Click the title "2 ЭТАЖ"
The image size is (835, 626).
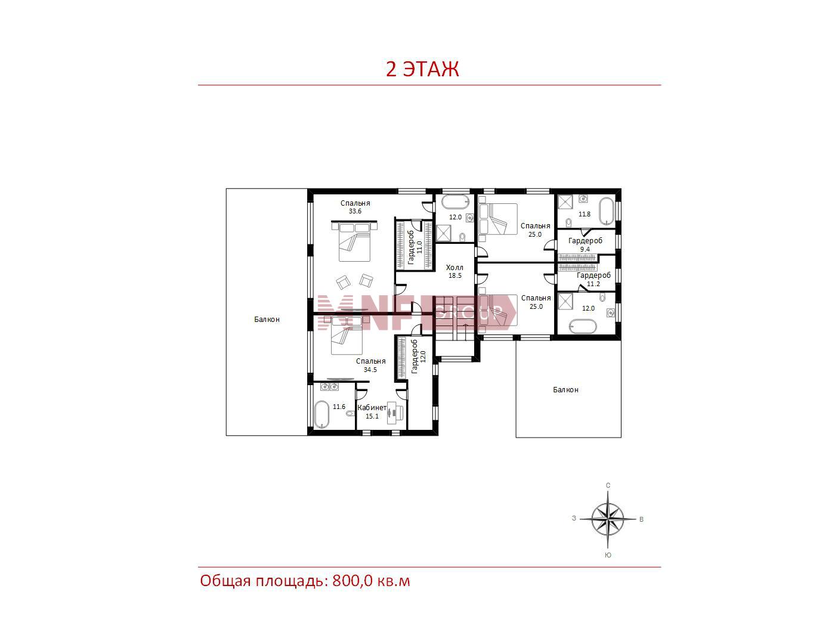tap(422, 69)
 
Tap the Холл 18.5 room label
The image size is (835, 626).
tap(454, 271)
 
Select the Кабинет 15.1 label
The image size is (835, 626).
tap(372, 411)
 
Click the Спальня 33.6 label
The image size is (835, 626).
tap(355, 207)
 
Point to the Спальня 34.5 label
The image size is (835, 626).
tap(370, 365)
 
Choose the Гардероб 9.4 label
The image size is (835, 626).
tap(585, 245)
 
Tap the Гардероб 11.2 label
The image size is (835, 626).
tap(593, 280)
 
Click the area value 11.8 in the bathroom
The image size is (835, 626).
tap(584, 214)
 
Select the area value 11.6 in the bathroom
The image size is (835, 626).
tap(339, 407)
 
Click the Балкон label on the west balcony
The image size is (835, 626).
tap(267, 320)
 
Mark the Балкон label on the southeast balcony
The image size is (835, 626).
tap(565, 389)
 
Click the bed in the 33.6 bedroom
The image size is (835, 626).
tap(354, 241)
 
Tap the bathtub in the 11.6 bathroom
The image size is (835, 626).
tap(321, 414)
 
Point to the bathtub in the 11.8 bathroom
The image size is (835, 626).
tap(607, 211)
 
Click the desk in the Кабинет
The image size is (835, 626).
tap(395, 413)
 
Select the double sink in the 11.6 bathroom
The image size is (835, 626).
tap(329, 387)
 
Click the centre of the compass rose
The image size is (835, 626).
tap(608, 519)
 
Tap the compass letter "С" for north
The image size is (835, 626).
tap(608, 485)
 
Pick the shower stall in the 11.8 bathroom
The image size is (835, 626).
tap(565, 202)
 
